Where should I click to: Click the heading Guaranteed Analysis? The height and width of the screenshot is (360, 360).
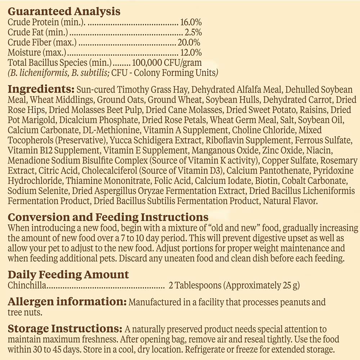(64, 12)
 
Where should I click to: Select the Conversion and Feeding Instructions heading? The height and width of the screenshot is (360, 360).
(108, 217)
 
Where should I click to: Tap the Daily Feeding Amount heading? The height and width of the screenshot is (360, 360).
(68, 275)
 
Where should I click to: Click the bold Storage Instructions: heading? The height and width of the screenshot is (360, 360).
(65, 329)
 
